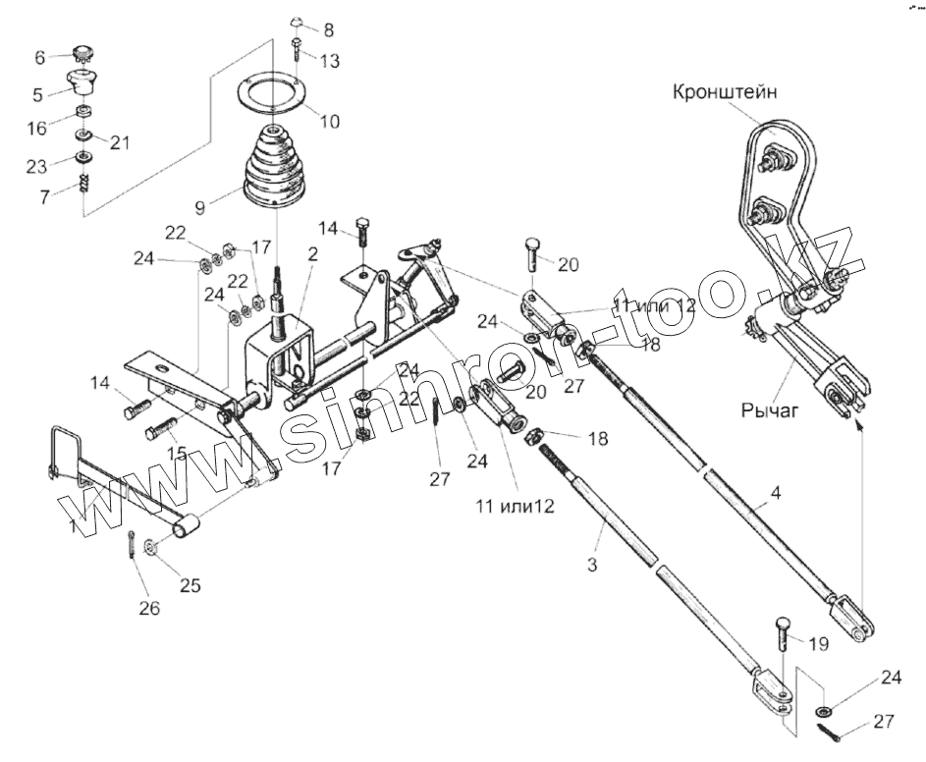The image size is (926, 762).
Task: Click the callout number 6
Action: point(40,57)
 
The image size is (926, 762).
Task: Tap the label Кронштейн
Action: point(728,93)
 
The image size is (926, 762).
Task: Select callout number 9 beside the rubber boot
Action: point(200,207)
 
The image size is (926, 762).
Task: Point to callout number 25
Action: point(189,586)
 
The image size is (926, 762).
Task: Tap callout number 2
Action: point(312,253)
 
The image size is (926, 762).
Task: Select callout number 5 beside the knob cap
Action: point(38,95)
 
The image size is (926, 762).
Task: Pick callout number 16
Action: point(37,128)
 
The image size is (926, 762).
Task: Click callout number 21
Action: point(119,142)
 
